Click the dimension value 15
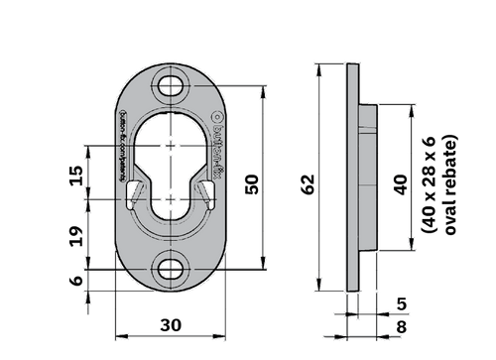click(75, 175)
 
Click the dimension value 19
click(75, 235)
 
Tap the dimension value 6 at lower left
click(75, 282)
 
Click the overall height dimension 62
click(308, 182)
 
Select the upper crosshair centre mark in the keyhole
click(175, 147)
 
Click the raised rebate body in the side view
click(367, 174)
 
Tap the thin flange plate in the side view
click(352, 174)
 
